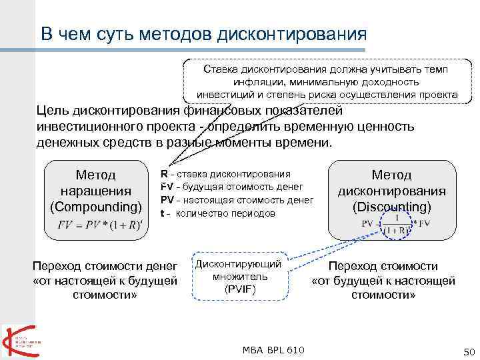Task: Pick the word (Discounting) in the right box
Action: [391, 207]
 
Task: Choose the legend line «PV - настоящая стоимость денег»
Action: [237, 200]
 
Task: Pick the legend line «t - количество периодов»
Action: [217, 213]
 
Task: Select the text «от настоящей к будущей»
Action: [105, 280]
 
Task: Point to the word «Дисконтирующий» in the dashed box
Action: [239, 264]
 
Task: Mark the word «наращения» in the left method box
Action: [96, 191]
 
